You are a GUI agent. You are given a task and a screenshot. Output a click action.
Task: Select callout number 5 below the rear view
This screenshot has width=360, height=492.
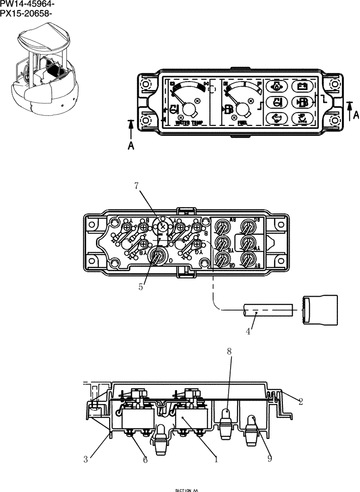[x=141, y=286]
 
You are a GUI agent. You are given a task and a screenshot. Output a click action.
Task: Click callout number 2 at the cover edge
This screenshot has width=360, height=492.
[x=300, y=401]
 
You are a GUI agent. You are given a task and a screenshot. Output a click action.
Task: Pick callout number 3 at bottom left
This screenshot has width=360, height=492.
[x=86, y=460]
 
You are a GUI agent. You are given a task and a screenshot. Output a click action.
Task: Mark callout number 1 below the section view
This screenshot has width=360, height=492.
[x=215, y=460]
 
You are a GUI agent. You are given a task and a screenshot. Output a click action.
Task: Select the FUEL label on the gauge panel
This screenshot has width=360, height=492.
[x=242, y=123]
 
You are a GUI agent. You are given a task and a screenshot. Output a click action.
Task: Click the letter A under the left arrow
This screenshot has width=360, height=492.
[x=131, y=146]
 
